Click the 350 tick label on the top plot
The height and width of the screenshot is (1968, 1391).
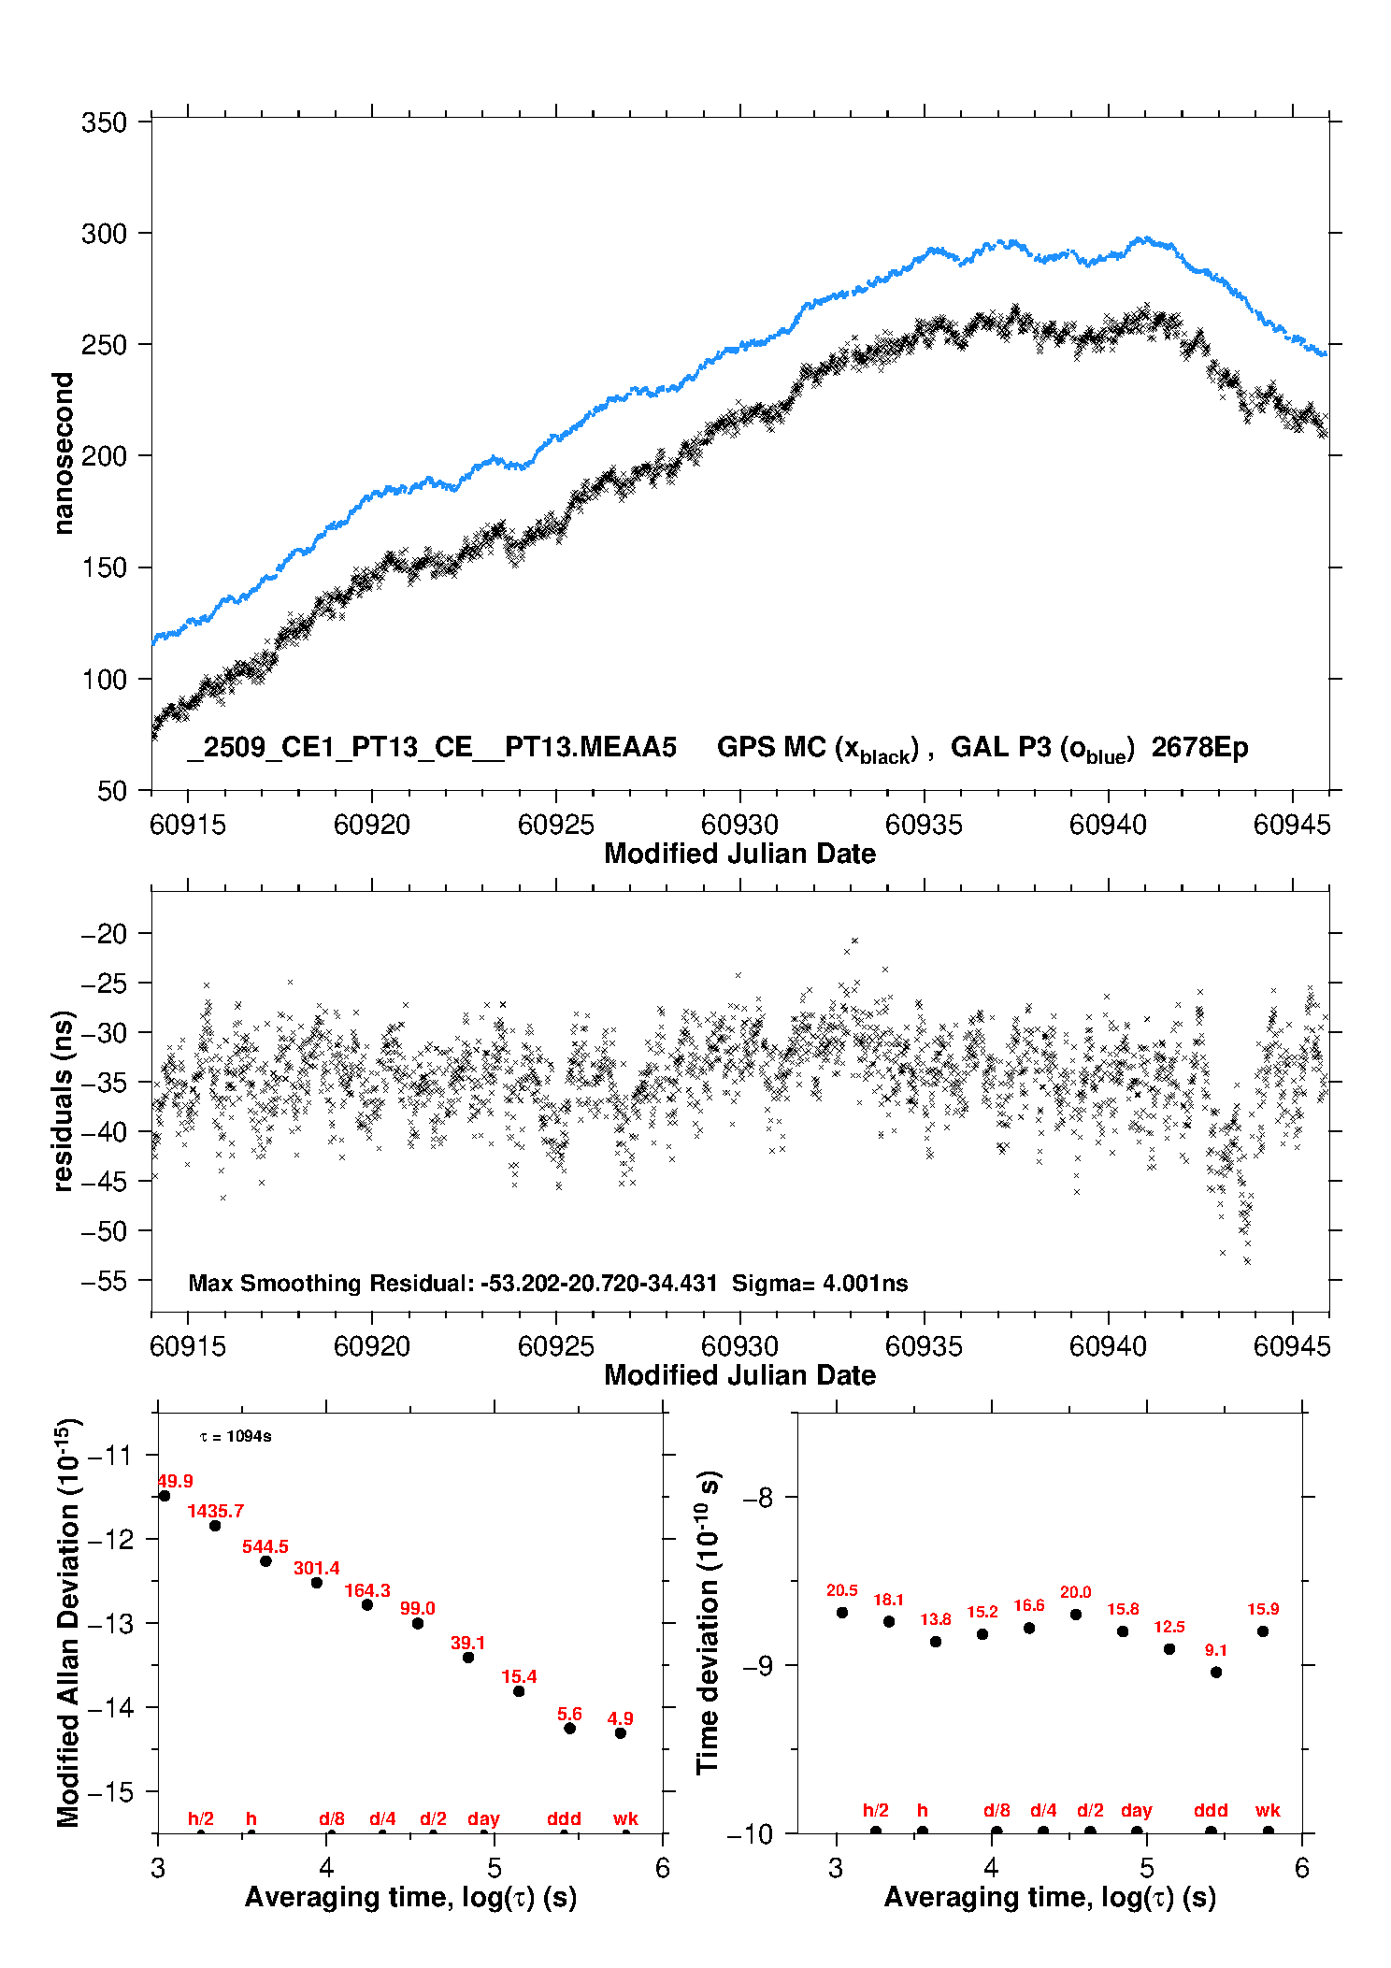coord(104,122)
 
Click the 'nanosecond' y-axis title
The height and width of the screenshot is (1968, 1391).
coord(63,453)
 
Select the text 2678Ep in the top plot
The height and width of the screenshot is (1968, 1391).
coord(1199,748)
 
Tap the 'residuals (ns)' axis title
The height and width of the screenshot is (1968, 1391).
coord(63,1100)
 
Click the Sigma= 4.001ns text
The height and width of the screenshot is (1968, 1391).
coord(819,1283)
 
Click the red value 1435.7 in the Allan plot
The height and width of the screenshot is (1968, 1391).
coord(215,1511)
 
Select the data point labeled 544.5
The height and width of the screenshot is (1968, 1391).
coord(265,1561)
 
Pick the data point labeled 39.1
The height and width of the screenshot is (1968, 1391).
coord(468,1658)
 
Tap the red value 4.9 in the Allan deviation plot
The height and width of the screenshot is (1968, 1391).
coord(620,1718)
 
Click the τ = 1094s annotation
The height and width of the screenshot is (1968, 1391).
coord(236,1436)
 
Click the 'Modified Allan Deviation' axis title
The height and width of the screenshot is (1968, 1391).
coord(68,1623)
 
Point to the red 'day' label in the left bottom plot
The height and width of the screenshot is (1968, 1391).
coord(483,1818)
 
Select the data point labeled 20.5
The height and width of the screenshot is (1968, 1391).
coord(842,1613)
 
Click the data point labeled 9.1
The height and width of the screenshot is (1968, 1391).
coord(1216,1672)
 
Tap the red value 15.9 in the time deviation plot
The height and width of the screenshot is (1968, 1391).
coord(1263,1609)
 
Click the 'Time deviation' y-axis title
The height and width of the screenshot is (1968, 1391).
coord(708,1623)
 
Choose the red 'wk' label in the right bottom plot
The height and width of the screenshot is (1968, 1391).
coord(1268,1810)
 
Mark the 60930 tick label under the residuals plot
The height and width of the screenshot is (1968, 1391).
coord(739,1346)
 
